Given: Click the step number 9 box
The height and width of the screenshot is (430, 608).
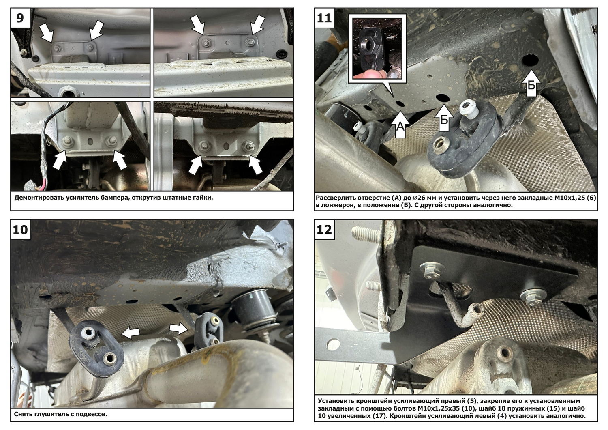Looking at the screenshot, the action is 20,18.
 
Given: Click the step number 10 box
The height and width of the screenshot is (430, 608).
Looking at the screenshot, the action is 20,230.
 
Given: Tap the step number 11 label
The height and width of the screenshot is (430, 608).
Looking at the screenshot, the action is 324,18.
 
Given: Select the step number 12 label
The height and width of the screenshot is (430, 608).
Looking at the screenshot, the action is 324,230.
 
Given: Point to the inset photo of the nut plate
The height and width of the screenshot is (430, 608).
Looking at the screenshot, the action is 377,49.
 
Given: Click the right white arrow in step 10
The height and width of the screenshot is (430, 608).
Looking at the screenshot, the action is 179,329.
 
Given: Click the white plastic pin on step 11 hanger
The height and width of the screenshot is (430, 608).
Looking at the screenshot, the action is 468,108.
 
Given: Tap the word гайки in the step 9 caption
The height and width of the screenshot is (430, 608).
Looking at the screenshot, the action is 203,198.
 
